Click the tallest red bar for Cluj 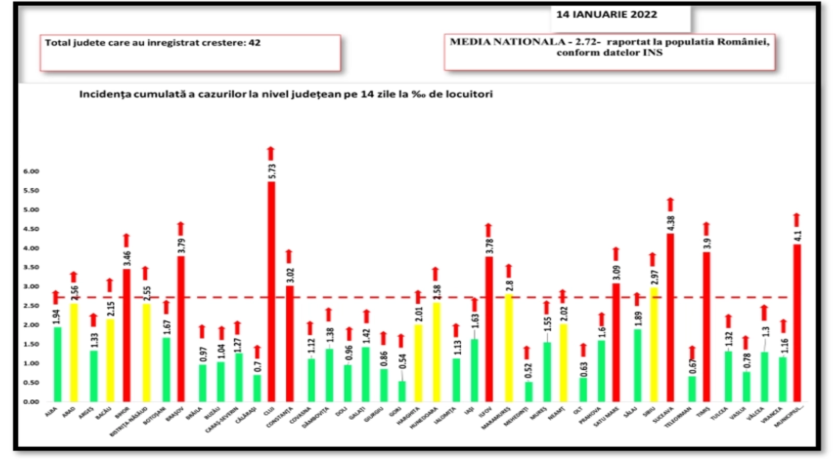click(x=271, y=291)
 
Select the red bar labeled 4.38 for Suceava click(x=671, y=317)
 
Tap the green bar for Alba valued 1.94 click(x=57, y=364)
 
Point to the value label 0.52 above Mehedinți click(x=528, y=371)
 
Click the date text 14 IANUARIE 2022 click(x=607, y=15)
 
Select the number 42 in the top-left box click(x=255, y=43)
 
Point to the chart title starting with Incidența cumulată click(x=286, y=94)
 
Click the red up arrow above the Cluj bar click(x=271, y=153)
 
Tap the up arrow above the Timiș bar click(x=706, y=229)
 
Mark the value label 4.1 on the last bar click(x=798, y=235)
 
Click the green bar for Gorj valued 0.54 click(x=402, y=391)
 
